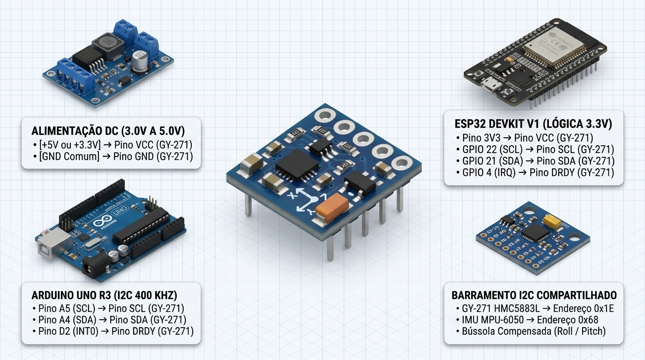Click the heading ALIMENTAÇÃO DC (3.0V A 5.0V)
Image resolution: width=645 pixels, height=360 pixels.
(x=108, y=131)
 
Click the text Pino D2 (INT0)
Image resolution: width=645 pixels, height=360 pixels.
(x=68, y=331)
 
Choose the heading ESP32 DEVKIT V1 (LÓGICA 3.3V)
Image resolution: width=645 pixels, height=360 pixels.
(x=533, y=124)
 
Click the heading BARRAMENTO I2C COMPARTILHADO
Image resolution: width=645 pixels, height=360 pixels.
(x=534, y=295)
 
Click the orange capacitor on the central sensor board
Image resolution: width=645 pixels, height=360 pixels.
(x=332, y=207)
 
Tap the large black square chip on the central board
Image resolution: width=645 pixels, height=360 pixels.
(x=297, y=165)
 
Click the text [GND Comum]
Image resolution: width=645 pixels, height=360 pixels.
(x=69, y=157)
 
